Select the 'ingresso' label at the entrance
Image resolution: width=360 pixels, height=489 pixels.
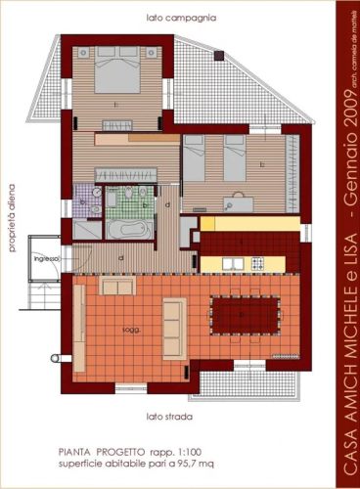point(46,258)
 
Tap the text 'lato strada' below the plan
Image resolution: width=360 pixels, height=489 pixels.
point(166,416)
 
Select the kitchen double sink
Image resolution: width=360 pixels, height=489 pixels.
point(233,263)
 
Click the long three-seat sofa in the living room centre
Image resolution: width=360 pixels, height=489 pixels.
point(173,328)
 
